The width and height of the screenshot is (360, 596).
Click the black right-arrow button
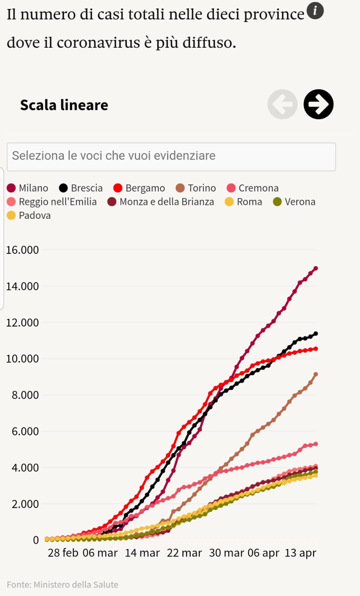318,104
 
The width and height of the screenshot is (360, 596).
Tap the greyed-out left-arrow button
282,104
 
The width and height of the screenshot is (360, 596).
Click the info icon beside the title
315,10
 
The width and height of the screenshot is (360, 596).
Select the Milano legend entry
28,188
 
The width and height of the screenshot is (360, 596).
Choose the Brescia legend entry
81,188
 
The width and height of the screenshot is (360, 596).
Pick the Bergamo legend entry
139,188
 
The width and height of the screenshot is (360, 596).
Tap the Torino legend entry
196,188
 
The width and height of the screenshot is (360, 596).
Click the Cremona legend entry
253,188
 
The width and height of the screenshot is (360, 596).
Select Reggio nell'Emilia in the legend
52,202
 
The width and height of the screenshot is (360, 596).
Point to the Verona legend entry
294,202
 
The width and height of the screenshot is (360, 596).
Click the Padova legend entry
29,215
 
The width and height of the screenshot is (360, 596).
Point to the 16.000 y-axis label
22,250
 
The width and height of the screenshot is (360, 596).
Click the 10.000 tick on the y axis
22,359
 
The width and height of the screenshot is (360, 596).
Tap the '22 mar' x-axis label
184,553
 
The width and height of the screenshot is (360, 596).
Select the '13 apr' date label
300,553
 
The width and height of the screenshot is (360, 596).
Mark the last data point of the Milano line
316,268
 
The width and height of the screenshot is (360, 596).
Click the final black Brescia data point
316,334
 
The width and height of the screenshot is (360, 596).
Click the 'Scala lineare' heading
64,105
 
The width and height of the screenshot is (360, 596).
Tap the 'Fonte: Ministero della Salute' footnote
63,584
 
